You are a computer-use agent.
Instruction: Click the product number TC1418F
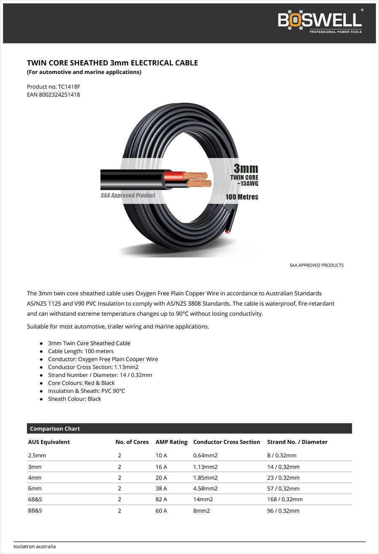pyautogui.click(x=69, y=87)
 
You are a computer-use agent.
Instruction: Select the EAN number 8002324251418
pyautogui.click(x=59, y=95)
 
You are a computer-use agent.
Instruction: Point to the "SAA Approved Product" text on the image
pyautogui.click(x=128, y=195)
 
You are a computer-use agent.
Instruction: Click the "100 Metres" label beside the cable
pyautogui.click(x=242, y=197)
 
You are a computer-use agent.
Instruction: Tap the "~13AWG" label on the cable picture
pyautogui.click(x=247, y=183)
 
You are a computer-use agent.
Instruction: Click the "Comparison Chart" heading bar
pyautogui.click(x=189, y=428)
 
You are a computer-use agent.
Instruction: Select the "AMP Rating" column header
pyautogui.click(x=171, y=442)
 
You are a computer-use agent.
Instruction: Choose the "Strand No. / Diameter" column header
pyautogui.click(x=297, y=442)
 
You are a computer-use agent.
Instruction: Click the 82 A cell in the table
pyautogui.click(x=161, y=499)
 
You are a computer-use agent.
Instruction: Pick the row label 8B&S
pyautogui.click(x=35, y=510)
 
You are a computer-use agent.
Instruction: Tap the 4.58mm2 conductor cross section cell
pyautogui.click(x=206, y=488)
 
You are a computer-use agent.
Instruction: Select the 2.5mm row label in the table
pyautogui.click(x=37, y=455)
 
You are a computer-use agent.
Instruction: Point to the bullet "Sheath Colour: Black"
pyautogui.click(x=75, y=399)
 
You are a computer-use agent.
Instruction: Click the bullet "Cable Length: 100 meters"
pyautogui.click(x=81, y=351)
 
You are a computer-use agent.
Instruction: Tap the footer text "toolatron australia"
pyautogui.click(x=35, y=546)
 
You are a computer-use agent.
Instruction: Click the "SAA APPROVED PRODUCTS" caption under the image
pyautogui.click(x=316, y=265)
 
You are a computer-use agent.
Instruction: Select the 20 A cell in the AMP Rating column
pyautogui.click(x=161, y=477)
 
